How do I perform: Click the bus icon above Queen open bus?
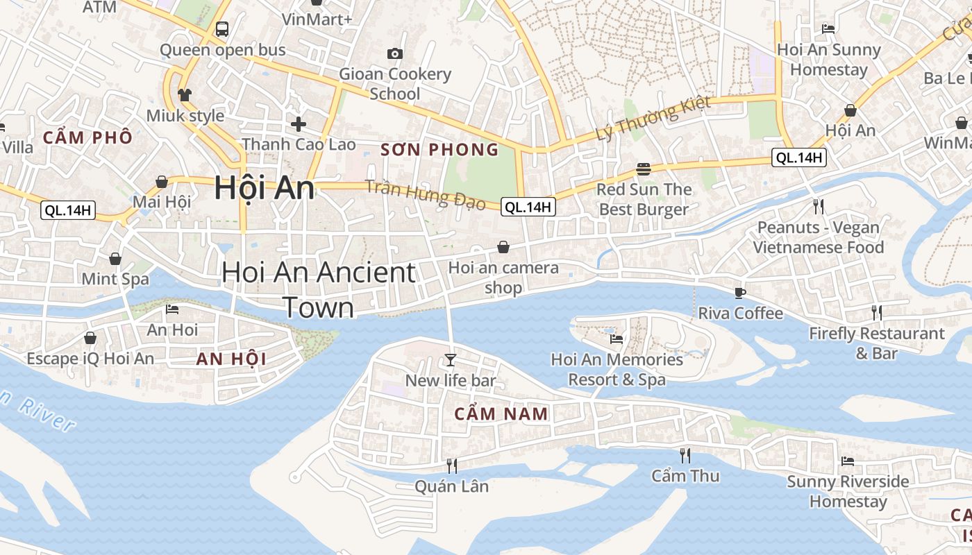(222, 29)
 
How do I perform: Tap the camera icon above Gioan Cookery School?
(394, 53)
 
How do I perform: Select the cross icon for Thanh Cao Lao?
(299, 124)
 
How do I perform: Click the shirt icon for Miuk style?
(184, 94)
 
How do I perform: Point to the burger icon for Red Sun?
(644, 169)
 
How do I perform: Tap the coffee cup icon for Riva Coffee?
(740, 293)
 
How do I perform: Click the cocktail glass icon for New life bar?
(451, 359)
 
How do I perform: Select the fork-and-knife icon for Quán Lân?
(451, 466)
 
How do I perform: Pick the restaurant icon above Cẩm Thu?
(685, 455)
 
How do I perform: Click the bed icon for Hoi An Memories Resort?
(616, 339)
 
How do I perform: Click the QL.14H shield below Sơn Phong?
(528, 206)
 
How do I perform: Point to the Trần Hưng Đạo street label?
(425, 194)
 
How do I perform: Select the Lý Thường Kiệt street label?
(653, 118)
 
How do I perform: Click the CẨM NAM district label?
(501, 414)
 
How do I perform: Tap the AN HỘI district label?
(231, 359)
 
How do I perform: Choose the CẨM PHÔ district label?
(87, 137)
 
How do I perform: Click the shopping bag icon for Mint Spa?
(115, 259)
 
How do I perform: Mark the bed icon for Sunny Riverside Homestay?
(847, 461)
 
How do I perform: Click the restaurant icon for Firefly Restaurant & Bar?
(876, 313)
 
